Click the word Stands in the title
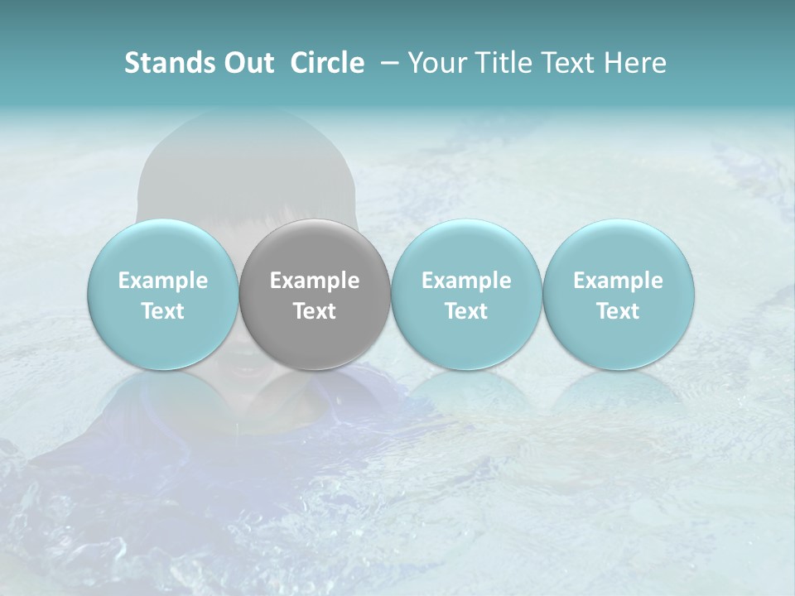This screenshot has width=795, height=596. coord(167,63)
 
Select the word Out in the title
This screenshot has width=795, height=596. coord(247,63)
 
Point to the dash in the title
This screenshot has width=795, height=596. coord(387,63)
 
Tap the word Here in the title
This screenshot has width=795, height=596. coord(634,63)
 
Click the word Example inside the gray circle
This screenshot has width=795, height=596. coord(315,281)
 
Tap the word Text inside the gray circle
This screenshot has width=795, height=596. coord(315,311)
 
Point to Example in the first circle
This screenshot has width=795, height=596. coord(162,281)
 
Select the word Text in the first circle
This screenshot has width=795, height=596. coord(162,311)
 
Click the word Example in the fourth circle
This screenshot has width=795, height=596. coord(618,281)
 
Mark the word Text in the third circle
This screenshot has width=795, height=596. coord(466,311)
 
